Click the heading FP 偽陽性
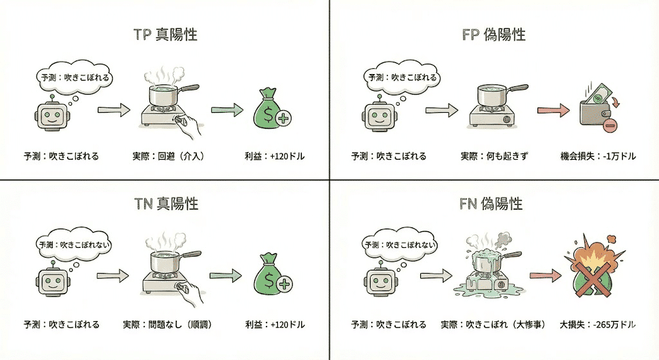494,34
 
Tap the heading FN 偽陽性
494,204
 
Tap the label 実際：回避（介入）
164,156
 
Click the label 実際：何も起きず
494,156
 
